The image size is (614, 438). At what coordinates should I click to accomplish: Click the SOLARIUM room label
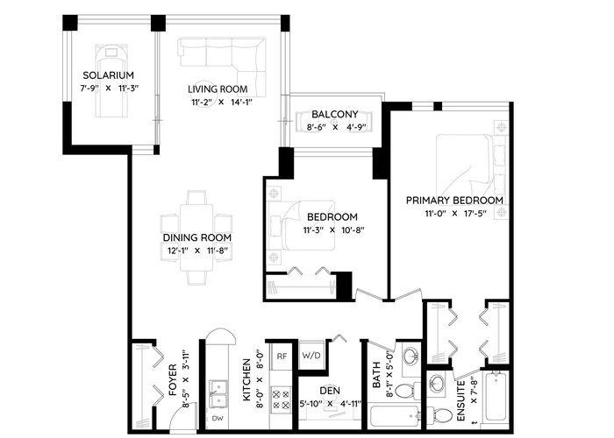point(108,75)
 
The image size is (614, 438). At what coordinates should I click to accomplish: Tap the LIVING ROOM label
point(218,89)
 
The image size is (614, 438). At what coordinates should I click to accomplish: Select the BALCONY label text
point(335,114)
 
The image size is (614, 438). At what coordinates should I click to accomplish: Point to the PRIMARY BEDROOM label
point(454,201)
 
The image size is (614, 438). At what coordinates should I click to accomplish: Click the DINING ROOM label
point(197,237)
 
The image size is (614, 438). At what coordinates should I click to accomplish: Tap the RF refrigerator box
point(282,356)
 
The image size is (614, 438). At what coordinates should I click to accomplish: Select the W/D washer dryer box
point(311,355)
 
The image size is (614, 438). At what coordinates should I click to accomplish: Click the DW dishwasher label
point(218,419)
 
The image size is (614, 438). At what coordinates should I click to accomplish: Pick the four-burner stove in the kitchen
point(282,398)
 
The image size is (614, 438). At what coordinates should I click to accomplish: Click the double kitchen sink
point(218,393)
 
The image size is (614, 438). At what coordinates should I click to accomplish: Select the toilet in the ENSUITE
point(438,414)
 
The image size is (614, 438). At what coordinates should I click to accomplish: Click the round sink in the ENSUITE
point(436,383)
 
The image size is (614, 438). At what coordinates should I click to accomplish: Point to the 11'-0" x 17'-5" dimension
point(455,214)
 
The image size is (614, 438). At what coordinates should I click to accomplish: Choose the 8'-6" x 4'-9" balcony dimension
point(335,127)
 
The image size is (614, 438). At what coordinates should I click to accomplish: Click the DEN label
point(330,391)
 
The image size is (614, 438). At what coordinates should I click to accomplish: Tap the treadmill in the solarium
point(111,81)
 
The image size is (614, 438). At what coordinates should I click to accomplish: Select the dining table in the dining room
point(196,237)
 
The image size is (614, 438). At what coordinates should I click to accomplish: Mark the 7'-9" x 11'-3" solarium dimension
point(110,88)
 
